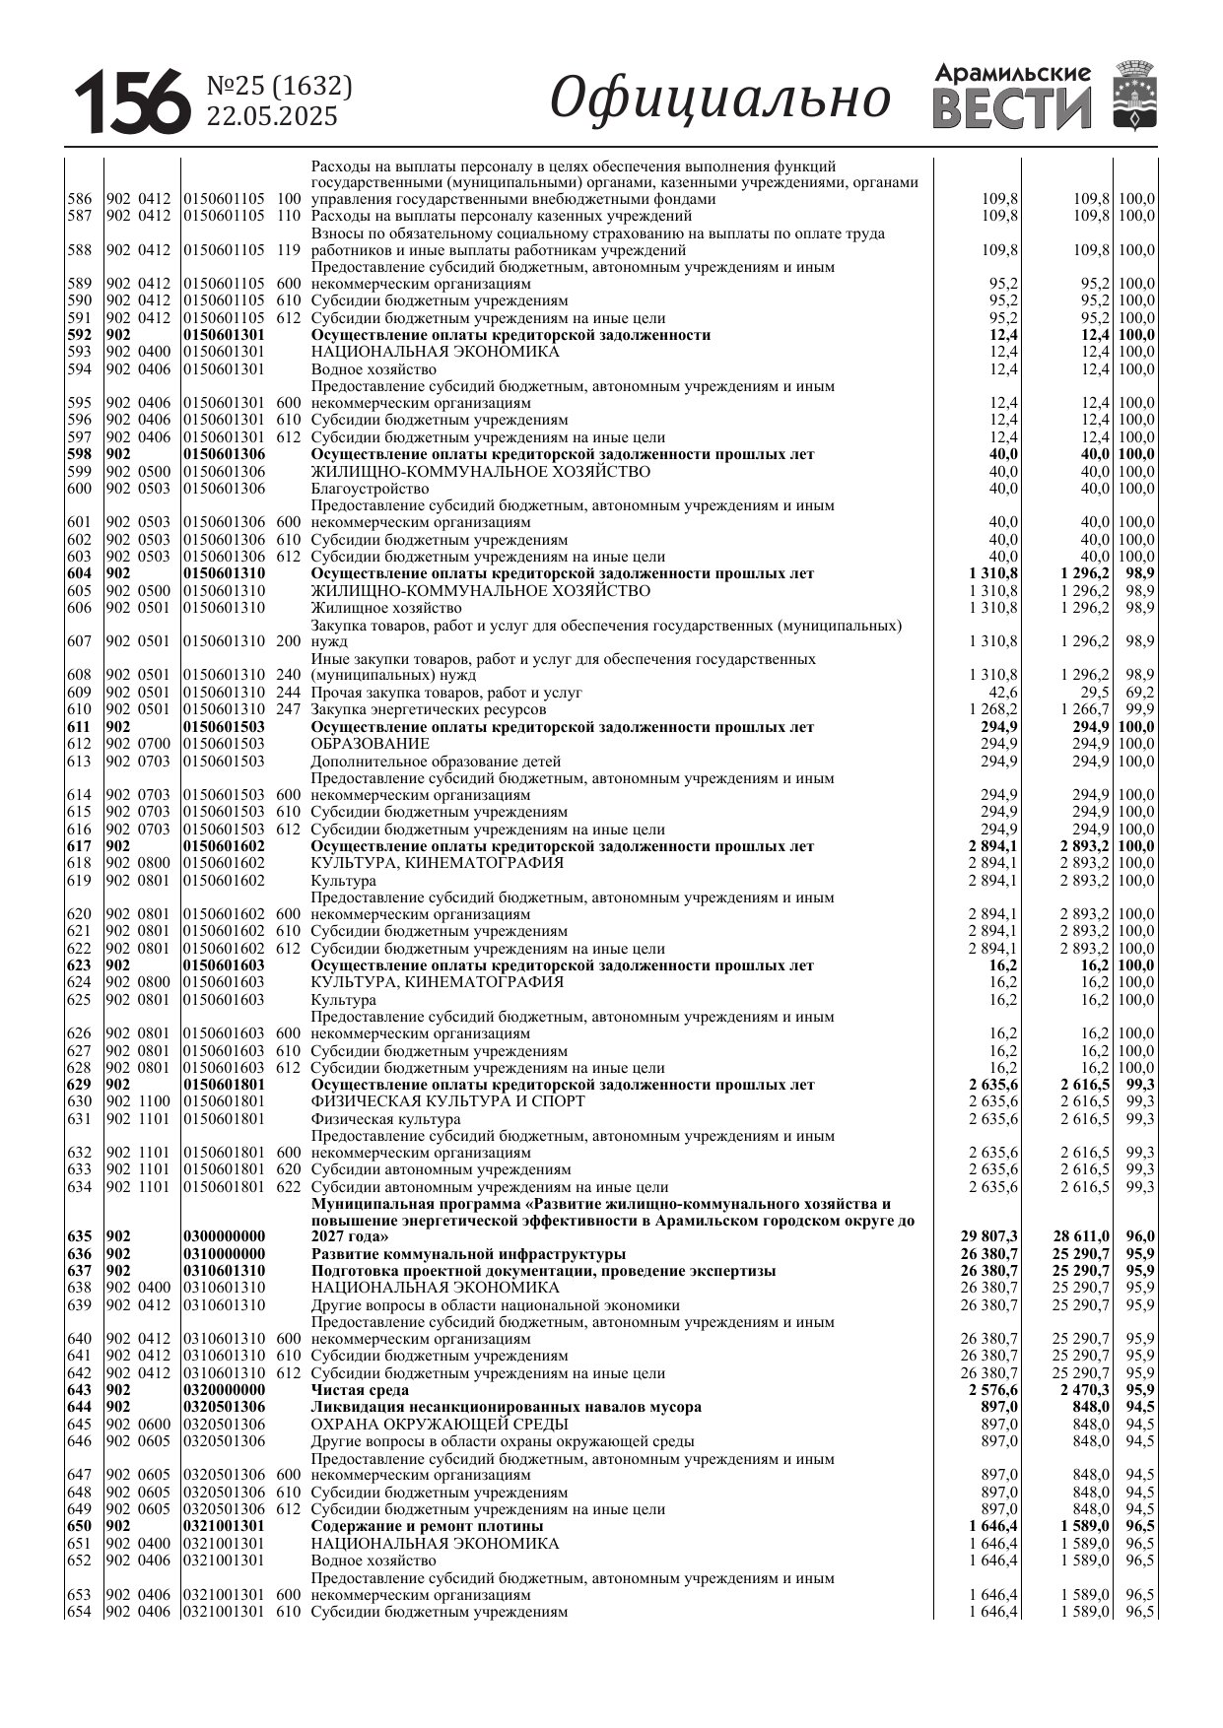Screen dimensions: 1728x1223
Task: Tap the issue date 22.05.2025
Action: (271, 116)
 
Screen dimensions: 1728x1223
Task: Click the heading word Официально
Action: (719, 99)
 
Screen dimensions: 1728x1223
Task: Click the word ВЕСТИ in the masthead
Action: (1012, 108)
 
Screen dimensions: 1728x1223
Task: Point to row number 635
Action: (79, 1236)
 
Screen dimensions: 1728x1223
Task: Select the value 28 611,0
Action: (1081, 1236)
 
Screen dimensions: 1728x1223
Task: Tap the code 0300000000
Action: (225, 1236)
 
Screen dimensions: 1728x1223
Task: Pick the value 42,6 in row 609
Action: (1003, 693)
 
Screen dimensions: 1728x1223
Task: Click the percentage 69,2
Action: (1139, 693)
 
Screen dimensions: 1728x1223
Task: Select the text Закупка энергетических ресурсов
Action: (428, 709)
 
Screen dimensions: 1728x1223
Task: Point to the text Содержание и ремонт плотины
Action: (427, 1526)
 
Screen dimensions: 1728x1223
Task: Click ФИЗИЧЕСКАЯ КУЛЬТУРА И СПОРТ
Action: (447, 1101)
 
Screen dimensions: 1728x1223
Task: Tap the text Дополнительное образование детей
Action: (436, 762)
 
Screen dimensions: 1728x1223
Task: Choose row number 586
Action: (79, 199)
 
